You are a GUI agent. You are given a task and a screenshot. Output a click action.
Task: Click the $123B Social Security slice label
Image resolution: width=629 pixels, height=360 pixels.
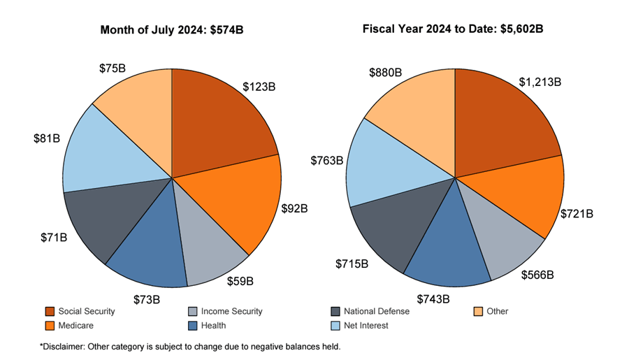pos(259,87)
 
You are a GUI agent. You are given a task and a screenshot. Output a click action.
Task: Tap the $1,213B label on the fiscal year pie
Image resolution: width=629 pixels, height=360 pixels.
pos(540,82)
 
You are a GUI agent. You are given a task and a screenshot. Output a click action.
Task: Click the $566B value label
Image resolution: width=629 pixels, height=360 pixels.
pos(537,275)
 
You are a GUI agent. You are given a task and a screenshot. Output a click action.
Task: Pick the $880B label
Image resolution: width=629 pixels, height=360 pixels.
pos(385,72)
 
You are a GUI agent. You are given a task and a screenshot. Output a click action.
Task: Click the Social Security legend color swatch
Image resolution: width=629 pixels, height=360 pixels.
pos(50,311)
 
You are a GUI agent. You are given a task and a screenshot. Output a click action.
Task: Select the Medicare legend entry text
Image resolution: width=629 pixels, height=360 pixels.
pos(76,325)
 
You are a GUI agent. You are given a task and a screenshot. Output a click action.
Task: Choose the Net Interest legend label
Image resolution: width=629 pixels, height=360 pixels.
pos(366,325)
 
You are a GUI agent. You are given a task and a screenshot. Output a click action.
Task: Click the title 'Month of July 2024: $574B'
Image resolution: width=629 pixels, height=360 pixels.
pos(172,30)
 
